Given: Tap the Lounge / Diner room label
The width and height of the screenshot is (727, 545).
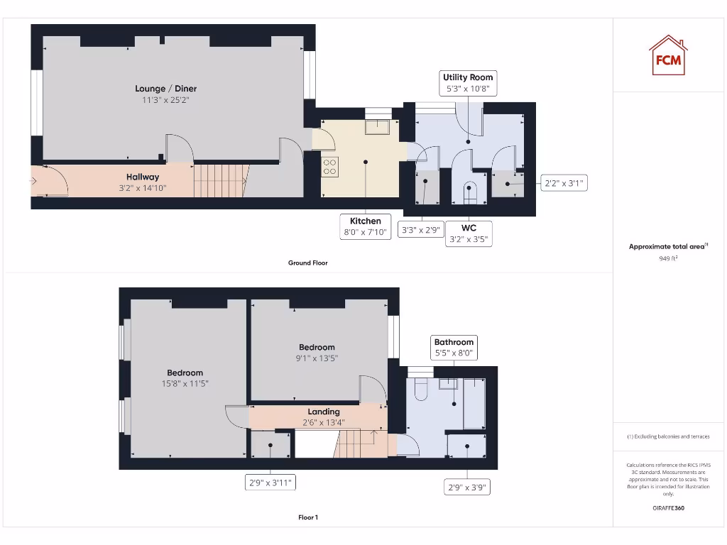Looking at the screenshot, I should [166, 89].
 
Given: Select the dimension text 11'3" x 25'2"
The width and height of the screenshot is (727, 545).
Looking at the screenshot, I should [166, 100].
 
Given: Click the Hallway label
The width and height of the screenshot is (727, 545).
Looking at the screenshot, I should [143, 177].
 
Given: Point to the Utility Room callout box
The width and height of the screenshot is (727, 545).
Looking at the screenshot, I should [468, 82].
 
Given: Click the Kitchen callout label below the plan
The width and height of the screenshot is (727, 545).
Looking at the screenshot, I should [365, 226].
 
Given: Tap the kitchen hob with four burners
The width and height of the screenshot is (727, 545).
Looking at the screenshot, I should [331, 167].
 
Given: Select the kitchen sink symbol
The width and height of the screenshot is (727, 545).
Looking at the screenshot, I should [378, 126].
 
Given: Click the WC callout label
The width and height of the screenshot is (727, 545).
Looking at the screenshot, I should [469, 233].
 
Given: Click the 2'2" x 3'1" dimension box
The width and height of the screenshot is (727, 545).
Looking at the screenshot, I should [563, 183].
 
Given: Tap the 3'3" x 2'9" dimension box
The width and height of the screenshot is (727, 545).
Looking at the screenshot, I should [422, 230].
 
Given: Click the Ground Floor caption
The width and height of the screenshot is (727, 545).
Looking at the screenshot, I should [307, 263].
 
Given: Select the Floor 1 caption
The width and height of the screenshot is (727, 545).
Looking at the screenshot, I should [307, 517].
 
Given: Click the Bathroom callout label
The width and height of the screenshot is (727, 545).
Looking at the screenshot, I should [454, 347].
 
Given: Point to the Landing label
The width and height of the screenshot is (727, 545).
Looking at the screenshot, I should [324, 412].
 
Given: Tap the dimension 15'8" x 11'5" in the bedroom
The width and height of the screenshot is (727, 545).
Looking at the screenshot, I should [185, 384].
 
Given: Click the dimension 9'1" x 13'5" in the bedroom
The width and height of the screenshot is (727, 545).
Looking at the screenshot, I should [317, 358].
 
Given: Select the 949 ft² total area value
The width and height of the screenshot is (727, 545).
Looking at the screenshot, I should [667, 259].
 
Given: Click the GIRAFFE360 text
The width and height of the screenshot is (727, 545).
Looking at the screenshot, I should [667, 508].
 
